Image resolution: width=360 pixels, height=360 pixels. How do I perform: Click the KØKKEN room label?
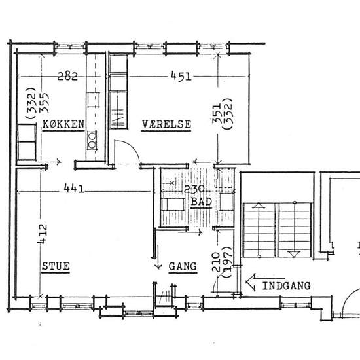coord(63,124)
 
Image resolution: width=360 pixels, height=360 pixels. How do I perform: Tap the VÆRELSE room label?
coord(166,124)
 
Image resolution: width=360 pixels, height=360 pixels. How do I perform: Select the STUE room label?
coord(56,266)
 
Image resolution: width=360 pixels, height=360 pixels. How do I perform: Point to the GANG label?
coord(183,266)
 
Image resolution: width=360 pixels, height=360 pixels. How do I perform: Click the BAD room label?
coord(202,202)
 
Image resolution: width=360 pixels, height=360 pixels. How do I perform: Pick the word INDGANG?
coord(286,286)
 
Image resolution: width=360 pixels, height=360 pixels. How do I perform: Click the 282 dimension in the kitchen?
coord(67,76)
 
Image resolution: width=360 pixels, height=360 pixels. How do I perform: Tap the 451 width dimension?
coord(181,76)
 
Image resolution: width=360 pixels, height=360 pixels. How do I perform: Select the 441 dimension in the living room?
coord(74,189)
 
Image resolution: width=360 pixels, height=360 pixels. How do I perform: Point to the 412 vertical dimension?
coord(43,234)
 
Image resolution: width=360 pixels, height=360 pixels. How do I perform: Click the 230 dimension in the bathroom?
coord(194,189)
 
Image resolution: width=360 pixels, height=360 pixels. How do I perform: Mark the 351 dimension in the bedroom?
coord(217,114)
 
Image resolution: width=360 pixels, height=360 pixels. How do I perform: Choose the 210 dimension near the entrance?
coord(216,262)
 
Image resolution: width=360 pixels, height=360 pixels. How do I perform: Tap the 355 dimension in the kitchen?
coord(44,103)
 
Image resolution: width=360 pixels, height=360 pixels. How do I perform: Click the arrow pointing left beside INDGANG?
coord(265,282)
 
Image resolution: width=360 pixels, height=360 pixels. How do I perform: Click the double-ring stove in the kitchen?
coord(92,140)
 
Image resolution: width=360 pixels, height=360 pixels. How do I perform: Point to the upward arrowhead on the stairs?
coord(259,206)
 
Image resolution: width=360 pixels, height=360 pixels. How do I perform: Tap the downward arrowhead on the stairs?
coord(294,254)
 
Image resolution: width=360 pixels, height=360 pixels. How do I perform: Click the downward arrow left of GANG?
coord(158,257)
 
